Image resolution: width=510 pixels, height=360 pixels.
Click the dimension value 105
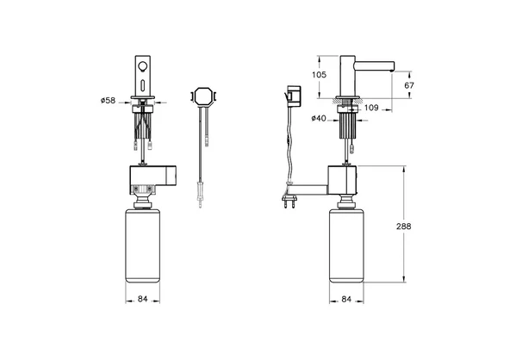tap(319, 74)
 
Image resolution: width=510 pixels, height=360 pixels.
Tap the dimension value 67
tap(409, 85)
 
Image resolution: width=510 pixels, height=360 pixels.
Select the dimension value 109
tap(371, 108)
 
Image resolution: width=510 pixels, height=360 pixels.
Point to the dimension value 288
tap(403, 226)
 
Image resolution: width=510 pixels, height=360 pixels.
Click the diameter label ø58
tap(108, 101)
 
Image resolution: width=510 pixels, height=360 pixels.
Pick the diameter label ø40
tap(319, 118)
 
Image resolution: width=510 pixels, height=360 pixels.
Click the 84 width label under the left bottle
tap(142, 299)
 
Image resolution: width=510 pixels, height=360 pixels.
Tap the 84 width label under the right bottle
tap(346, 299)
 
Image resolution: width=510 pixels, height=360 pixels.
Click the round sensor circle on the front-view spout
tap(142, 66)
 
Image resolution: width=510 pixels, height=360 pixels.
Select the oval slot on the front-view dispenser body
tap(142, 85)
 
